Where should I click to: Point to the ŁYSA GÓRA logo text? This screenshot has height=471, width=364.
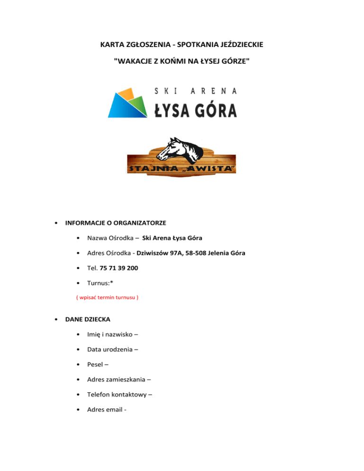click(x=196, y=110)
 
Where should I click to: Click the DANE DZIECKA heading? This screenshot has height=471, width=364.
click(x=88, y=320)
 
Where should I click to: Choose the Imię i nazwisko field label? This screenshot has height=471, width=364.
click(x=113, y=335)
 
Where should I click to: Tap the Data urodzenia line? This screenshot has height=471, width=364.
click(x=112, y=350)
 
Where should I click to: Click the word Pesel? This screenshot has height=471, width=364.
click(x=96, y=365)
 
